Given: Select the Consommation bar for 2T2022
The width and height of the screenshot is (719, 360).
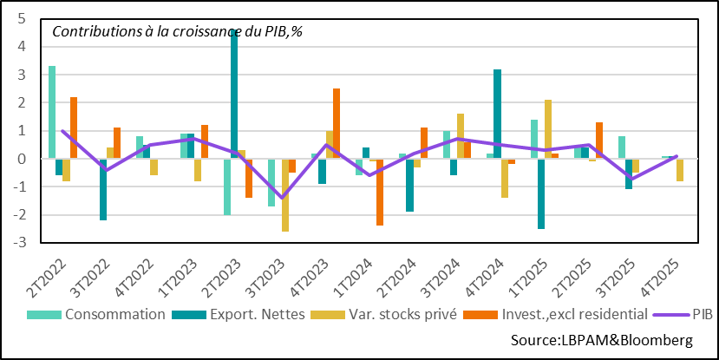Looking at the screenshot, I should point(52,112).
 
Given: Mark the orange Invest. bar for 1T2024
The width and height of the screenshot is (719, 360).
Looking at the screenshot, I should point(379,192).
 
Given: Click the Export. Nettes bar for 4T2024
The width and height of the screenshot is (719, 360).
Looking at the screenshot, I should point(497,114).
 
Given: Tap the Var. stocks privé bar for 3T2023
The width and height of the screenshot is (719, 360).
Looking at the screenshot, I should point(285,194).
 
